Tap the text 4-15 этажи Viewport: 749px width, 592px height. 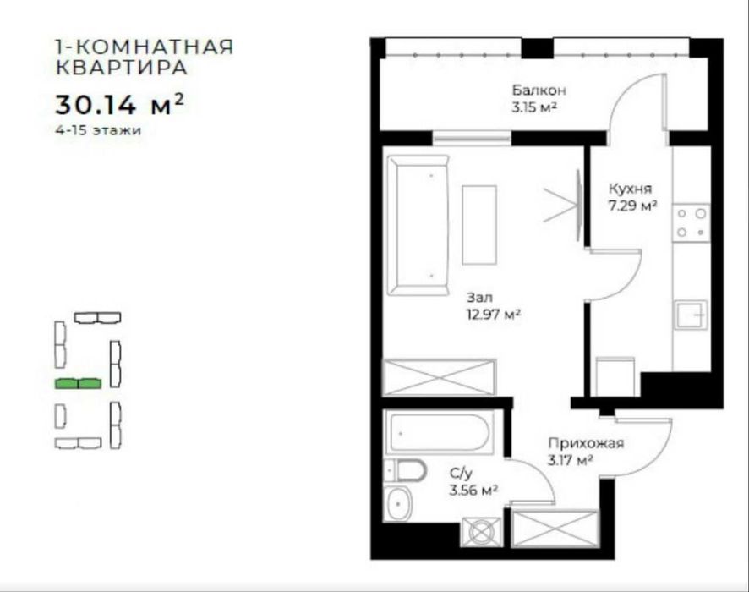pyautogui.click(x=95, y=131)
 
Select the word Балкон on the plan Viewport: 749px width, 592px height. pyautogui.click(x=538, y=90)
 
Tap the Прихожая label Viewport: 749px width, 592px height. pyautogui.click(x=585, y=443)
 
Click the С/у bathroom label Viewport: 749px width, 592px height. pyautogui.click(x=461, y=474)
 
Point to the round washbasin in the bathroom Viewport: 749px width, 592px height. pyautogui.click(x=397, y=505)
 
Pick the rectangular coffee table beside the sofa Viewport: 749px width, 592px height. pyautogui.click(x=479, y=225)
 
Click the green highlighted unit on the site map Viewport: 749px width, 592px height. pyautogui.click(x=78, y=383)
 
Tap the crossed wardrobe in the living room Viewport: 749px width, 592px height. pyautogui.click(x=439, y=377)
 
